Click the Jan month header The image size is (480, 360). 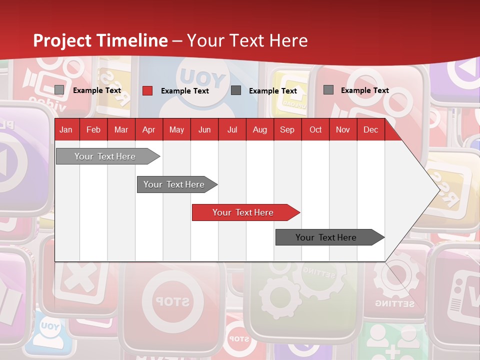click(x=66, y=129)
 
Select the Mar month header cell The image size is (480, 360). click(x=121, y=129)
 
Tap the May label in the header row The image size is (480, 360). click(x=176, y=129)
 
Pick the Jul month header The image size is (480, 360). click(x=232, y=129)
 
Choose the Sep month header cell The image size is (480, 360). click(x=287, y=129)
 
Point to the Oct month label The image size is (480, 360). click(x=315, y=129)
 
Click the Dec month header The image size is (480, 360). click(x=370, y=129)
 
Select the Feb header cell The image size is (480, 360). click(x=93, y=129)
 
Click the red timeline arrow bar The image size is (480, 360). click(x=245, y=212)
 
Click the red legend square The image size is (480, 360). click(x=147, y=90)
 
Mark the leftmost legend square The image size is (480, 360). click(x=59, y=90)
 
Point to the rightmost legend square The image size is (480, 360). click(x=328, y=90)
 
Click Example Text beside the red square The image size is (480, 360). click(x=184, y=91)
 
